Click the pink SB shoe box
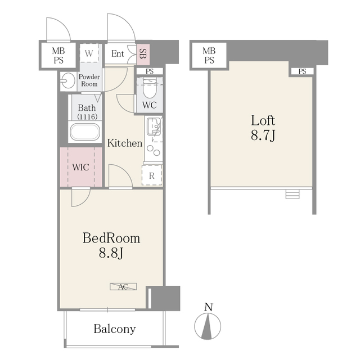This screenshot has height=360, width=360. tap(143, 54)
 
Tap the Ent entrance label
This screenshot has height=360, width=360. tap(118, 54)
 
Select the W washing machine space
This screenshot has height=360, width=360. tap(89, 54)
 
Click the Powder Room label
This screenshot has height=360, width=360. tap(88, 80)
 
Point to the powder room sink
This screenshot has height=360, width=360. tap(67, 80)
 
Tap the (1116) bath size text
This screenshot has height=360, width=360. tap(87, 116)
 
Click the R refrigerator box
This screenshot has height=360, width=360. tap(152, 175)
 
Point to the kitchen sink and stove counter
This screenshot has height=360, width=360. tap(153, 138)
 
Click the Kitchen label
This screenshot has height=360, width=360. tap(125, 143)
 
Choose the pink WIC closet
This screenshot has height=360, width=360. tap(81, 167)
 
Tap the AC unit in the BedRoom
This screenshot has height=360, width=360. tap(123, 286)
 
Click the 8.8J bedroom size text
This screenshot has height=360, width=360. tap(111, 253)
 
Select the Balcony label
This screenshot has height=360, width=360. tap(114, 329)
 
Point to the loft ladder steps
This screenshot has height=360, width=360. tap(291, 195)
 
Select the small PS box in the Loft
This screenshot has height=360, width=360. tap(302, 71)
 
